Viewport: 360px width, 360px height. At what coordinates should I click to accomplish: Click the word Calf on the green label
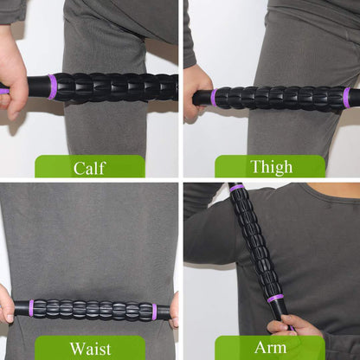click(89, 167)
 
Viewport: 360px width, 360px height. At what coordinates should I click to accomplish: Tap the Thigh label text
click(270, 167)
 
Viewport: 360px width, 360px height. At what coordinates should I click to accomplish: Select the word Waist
click(89, 348)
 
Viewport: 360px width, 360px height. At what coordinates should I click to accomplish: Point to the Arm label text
click(270, 348)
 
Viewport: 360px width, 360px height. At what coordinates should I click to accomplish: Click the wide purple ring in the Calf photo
click(52, 87)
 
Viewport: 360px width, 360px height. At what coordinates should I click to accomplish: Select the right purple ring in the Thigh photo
click(346, 97)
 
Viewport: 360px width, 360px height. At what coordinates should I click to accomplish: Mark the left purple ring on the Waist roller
click(32, 309)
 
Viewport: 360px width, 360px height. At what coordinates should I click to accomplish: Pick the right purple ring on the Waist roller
click(155, 311)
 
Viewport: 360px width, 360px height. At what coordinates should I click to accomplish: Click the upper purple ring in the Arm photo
click(236, 187)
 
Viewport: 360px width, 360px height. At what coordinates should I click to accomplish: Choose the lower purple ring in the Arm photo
click(275, 298)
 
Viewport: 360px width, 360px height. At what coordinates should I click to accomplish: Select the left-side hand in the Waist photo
click(7, 305)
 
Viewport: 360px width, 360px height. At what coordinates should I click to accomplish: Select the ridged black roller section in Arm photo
click(255, 242)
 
